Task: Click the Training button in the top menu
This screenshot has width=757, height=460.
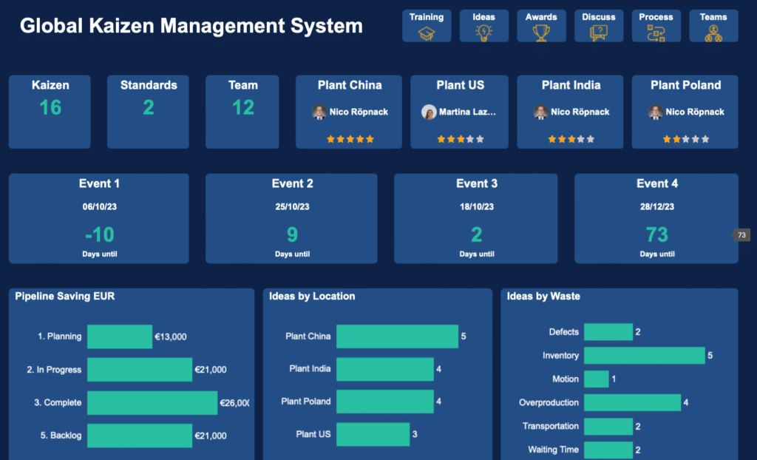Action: point(427,26)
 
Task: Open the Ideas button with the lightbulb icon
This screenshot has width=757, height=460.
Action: point(483,26)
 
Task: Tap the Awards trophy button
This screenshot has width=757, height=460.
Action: point(541,26)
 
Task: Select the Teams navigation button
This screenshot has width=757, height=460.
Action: point(713,26)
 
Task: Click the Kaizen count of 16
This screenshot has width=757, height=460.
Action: point(50,108)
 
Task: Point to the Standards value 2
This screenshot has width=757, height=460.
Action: point(149,108)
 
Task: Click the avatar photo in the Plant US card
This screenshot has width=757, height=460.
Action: point(429,112)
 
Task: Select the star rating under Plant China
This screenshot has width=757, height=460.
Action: point(350,139)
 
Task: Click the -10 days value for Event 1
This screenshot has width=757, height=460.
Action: point(99,235)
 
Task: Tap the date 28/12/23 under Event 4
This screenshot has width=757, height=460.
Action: point(656,207)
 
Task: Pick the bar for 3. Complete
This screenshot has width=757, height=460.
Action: point(152,403)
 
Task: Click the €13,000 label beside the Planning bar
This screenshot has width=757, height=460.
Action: point(171,336)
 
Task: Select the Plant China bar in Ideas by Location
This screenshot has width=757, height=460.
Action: point(397,336)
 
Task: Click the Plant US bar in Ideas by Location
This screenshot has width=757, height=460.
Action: point(373,434)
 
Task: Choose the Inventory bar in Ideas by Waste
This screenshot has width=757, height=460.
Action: point(644,356)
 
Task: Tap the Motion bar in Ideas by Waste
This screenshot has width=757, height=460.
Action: point(596,379)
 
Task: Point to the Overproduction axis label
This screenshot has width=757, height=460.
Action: point(549,403)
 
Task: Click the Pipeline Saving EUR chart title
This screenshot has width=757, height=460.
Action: point(65,297)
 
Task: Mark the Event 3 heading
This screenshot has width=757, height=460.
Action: point(477,183)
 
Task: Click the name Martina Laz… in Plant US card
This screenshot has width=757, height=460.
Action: point(468,112)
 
